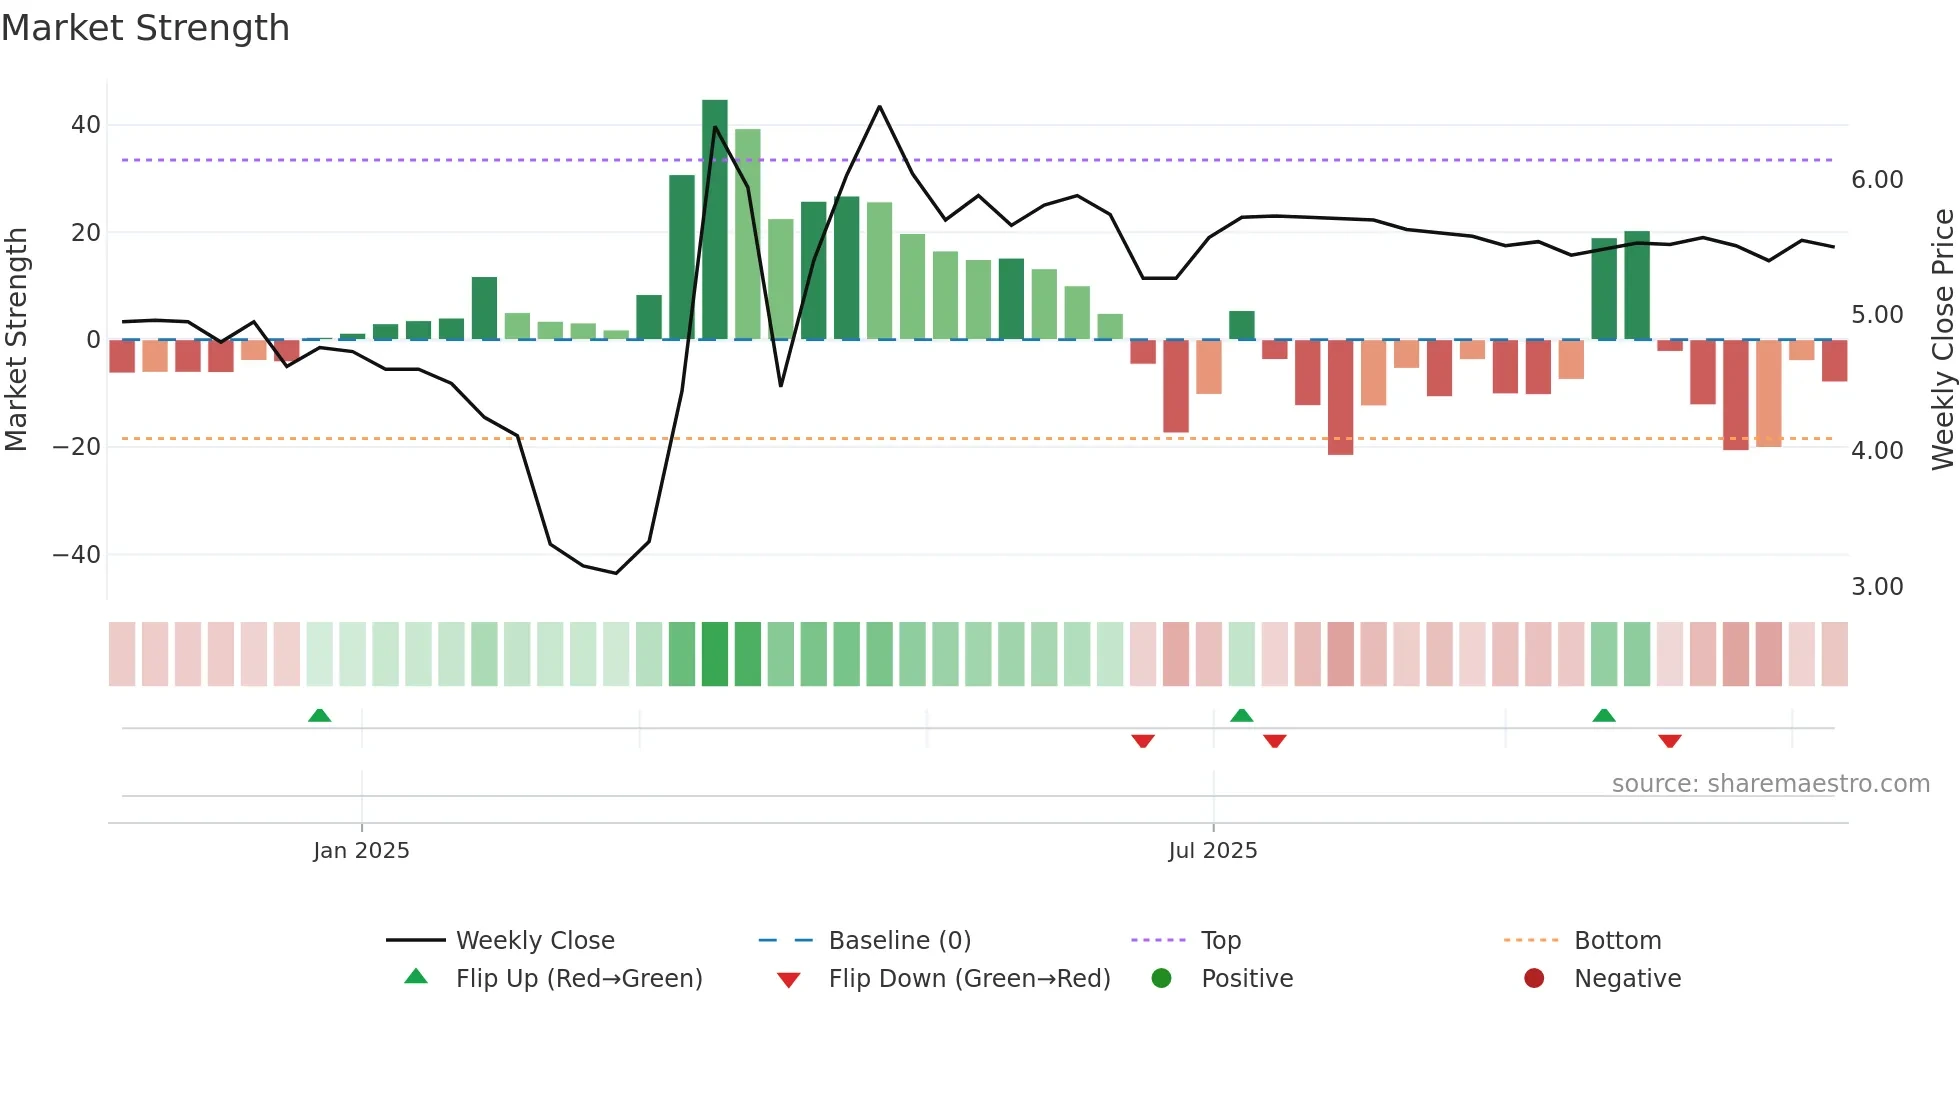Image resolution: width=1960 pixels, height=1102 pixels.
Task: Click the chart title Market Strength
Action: [x=145, y=28]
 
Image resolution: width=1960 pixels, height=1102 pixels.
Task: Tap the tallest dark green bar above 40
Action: [x=714, y=220]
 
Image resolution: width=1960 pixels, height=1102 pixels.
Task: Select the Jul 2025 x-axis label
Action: [x=1212, y=850]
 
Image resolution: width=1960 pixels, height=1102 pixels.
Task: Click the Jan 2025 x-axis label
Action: [x=361, y=850]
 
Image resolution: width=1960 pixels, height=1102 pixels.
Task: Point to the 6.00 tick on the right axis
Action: [x=1876, y=180]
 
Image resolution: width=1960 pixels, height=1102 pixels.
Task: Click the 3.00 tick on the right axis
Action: [x=1876, y=587]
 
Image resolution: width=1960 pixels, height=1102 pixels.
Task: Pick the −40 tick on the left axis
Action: [x=77, y=554]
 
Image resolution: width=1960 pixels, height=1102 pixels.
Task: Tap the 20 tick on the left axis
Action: [x=86, y=233]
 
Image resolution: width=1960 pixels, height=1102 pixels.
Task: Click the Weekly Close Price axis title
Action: [x=1942, y=339]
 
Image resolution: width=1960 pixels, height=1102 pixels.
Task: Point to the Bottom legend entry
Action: [x=1616, y=940]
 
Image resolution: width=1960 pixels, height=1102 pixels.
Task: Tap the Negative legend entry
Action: [x=1626, y=978]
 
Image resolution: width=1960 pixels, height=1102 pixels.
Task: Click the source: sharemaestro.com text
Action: [x=1770, y=783]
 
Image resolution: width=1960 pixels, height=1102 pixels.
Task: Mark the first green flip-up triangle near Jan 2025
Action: [x=319, y=716]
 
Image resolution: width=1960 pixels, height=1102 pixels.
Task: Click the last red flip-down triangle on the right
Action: [x=1669, y=741]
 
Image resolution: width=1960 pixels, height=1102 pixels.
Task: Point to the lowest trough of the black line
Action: [x=616, y=573]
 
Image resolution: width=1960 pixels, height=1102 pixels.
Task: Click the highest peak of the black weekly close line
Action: [x=879, y=106]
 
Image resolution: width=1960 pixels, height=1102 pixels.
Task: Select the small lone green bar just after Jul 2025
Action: [x=1241, y=325]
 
